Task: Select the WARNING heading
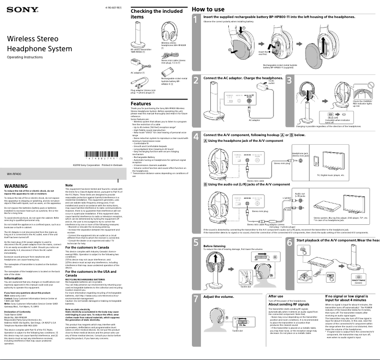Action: pos(16,186)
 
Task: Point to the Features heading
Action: pos(141,103)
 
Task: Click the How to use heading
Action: pos(208,9)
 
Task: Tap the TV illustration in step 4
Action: pos(331,160)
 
